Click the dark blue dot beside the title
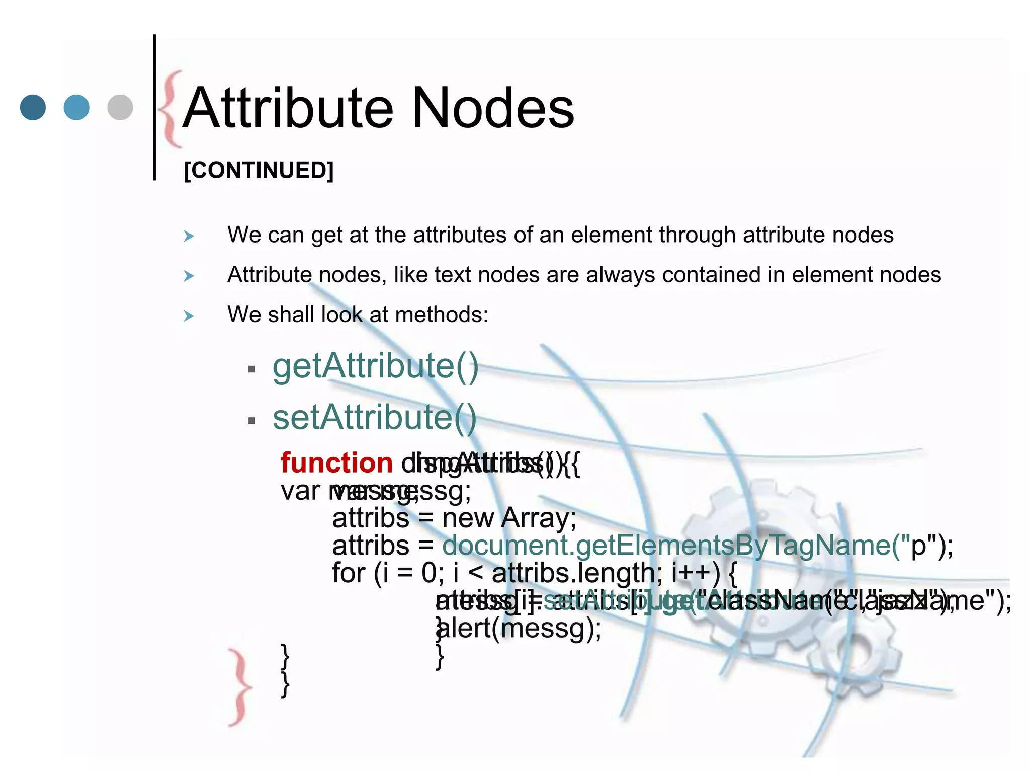click(x=33, y=107)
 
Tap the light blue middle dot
click(x=76, y=107)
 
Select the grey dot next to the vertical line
click(x=120, y=107)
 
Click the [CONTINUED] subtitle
click(x=259, y=170)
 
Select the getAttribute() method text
click(x=375, y=366)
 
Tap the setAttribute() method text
click(x=374, y=418)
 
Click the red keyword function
click(x=336, y=463)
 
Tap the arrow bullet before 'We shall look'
click(x=189, y=316)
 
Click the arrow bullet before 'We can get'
click(x=189, y=236)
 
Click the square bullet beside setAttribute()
click(x=252, y=421)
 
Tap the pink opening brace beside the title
click(x=170, y=109)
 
